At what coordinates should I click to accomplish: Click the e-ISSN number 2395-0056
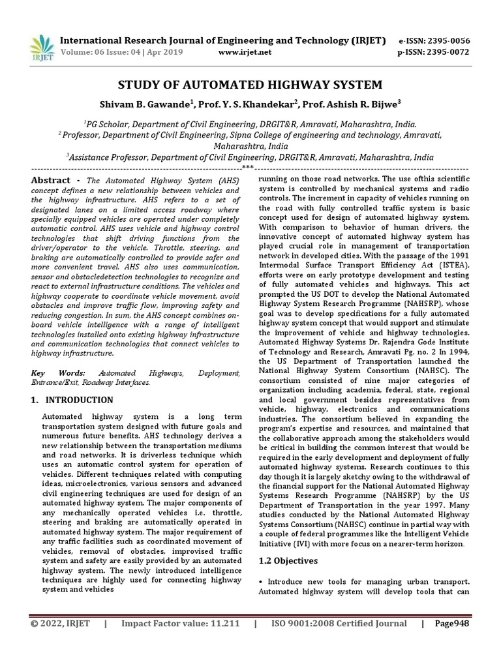[448, 40]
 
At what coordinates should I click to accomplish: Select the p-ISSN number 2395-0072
[448, 52]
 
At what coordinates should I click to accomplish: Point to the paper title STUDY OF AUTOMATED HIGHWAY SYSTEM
[250, 85]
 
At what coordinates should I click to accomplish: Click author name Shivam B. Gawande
[153, 104]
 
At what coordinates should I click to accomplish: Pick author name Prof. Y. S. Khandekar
[256, 104]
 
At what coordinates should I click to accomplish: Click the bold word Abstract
[51, 181]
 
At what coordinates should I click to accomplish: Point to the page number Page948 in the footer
[452, 624]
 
